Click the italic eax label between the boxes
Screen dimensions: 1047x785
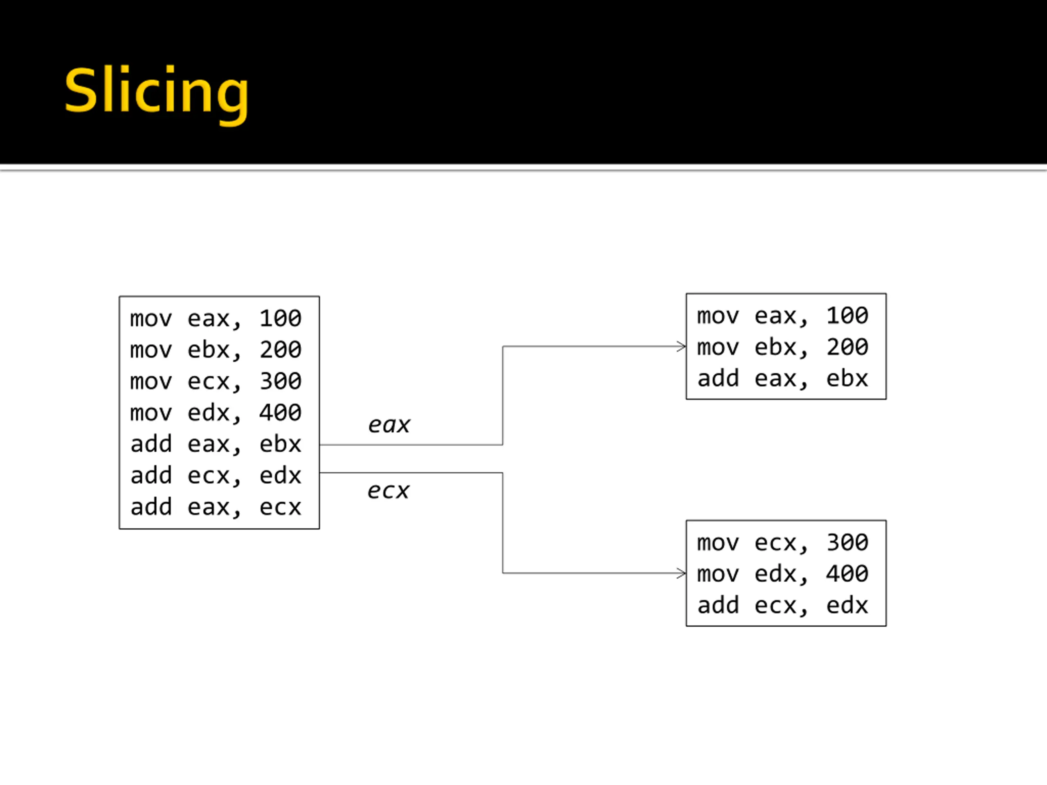tap(389, 425)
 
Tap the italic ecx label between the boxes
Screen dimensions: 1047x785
tap(389, 491)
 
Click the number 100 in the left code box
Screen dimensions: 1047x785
tap(280, 318)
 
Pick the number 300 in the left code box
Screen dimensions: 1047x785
tap(280, 381)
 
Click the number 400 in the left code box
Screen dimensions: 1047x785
tap(280, 413)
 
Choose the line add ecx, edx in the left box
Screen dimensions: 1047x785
tap(216, 475)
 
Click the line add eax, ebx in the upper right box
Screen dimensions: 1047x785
tap(783, 379)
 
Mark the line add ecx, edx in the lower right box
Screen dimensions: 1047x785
tap(783, 605)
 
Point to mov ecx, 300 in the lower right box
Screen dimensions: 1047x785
tap(783, 543)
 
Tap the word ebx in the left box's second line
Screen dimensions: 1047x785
tap(208, 350)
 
